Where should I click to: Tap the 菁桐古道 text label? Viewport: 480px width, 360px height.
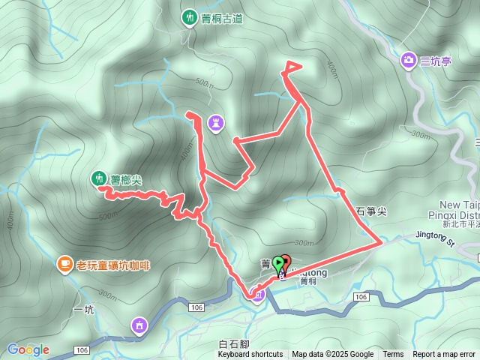(x=222, y=19)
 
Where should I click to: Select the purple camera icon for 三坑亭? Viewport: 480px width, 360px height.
(x=409, y=60)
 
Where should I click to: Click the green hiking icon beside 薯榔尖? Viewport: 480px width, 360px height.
(x=97, y=178)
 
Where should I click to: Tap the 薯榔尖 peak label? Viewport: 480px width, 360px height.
(x=126, y=178)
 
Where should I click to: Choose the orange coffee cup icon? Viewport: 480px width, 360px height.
(x=65, y=264)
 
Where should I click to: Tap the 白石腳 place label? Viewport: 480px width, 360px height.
(x=232, y=344)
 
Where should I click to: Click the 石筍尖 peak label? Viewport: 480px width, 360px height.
(x=370, y=212)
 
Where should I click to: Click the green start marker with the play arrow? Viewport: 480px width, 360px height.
(x=278, y=263)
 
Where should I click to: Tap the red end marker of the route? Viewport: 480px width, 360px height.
(x=286, y=262)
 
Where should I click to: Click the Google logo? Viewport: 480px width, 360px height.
(x=28, y=349)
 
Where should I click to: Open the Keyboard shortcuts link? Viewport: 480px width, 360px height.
(x=250, y=355)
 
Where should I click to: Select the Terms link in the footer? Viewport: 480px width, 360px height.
(x=393, y=355)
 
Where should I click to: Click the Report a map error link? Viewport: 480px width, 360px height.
(x=444, y=355)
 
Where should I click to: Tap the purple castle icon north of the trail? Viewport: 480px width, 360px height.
(x=216, y=121)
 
